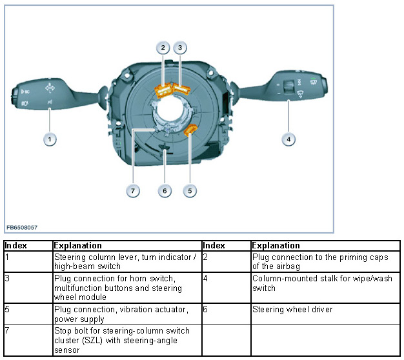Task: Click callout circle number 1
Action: pos(49,139)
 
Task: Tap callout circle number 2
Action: pos(163,48)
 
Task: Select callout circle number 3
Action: pos(181,48)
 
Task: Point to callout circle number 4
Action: pos(288,139)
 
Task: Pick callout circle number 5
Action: pos(189,190)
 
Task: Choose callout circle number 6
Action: pos(165,190)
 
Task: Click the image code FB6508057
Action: pos(23,227)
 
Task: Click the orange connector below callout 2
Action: pos(164,90)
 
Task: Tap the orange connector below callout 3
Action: pos(181,88)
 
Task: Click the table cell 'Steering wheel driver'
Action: pos(292,310)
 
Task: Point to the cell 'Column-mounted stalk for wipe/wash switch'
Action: pos(321,283)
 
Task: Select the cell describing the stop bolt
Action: pos(126,339)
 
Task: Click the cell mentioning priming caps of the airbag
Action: pos(321,261)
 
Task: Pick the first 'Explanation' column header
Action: pos(77,246)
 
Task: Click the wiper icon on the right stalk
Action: pos(301,95)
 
